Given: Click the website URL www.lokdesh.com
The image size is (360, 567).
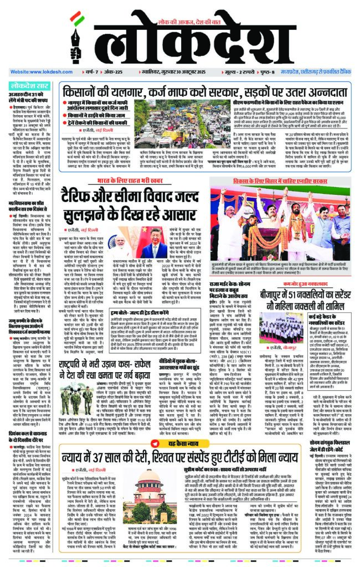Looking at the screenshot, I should click(x=35, y=72).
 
